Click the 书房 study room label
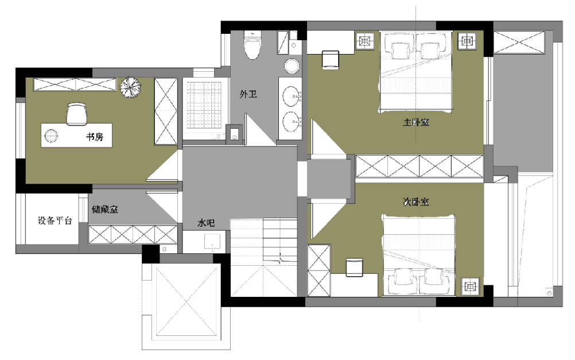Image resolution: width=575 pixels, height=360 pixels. click(x=95, y=137)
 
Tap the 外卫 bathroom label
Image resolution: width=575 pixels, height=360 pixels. click(x=248, y=94)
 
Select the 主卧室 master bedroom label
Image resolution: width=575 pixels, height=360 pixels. click(x=416, y=122)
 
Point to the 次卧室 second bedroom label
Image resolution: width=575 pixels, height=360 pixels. click(x=416, y=202)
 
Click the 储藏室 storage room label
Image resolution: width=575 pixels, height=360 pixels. click(x=105, y=209)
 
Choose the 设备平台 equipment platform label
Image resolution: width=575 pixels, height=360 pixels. click(x=55, y=220)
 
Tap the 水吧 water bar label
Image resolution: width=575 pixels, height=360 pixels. click(x=206, y=223)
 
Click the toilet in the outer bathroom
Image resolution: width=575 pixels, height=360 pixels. click(x=252, y=45)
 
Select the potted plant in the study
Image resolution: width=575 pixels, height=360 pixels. click(x=130, y=87)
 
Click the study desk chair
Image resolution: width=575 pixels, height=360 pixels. click(x=77, y=114)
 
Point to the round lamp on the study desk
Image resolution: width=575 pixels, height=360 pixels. click(x=51, y=136)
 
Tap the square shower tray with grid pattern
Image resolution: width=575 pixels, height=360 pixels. click(x=204, y=104)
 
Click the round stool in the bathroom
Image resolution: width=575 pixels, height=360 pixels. click(x=292, y=67)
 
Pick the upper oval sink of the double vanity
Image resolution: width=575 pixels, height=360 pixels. click(x=292, y=96)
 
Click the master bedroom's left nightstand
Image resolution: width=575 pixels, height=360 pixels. click(x=365, y=41)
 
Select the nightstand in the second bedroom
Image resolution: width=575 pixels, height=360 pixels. click(x=470, y=286)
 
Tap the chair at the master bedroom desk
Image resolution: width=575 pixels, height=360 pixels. click(x=331, y=60)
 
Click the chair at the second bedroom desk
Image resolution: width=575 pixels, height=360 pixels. click(x=354, y=267)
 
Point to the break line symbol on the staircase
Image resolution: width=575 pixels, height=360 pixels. click(x=281, y=259)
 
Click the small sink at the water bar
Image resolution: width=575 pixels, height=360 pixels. click(x=212, y=242)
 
